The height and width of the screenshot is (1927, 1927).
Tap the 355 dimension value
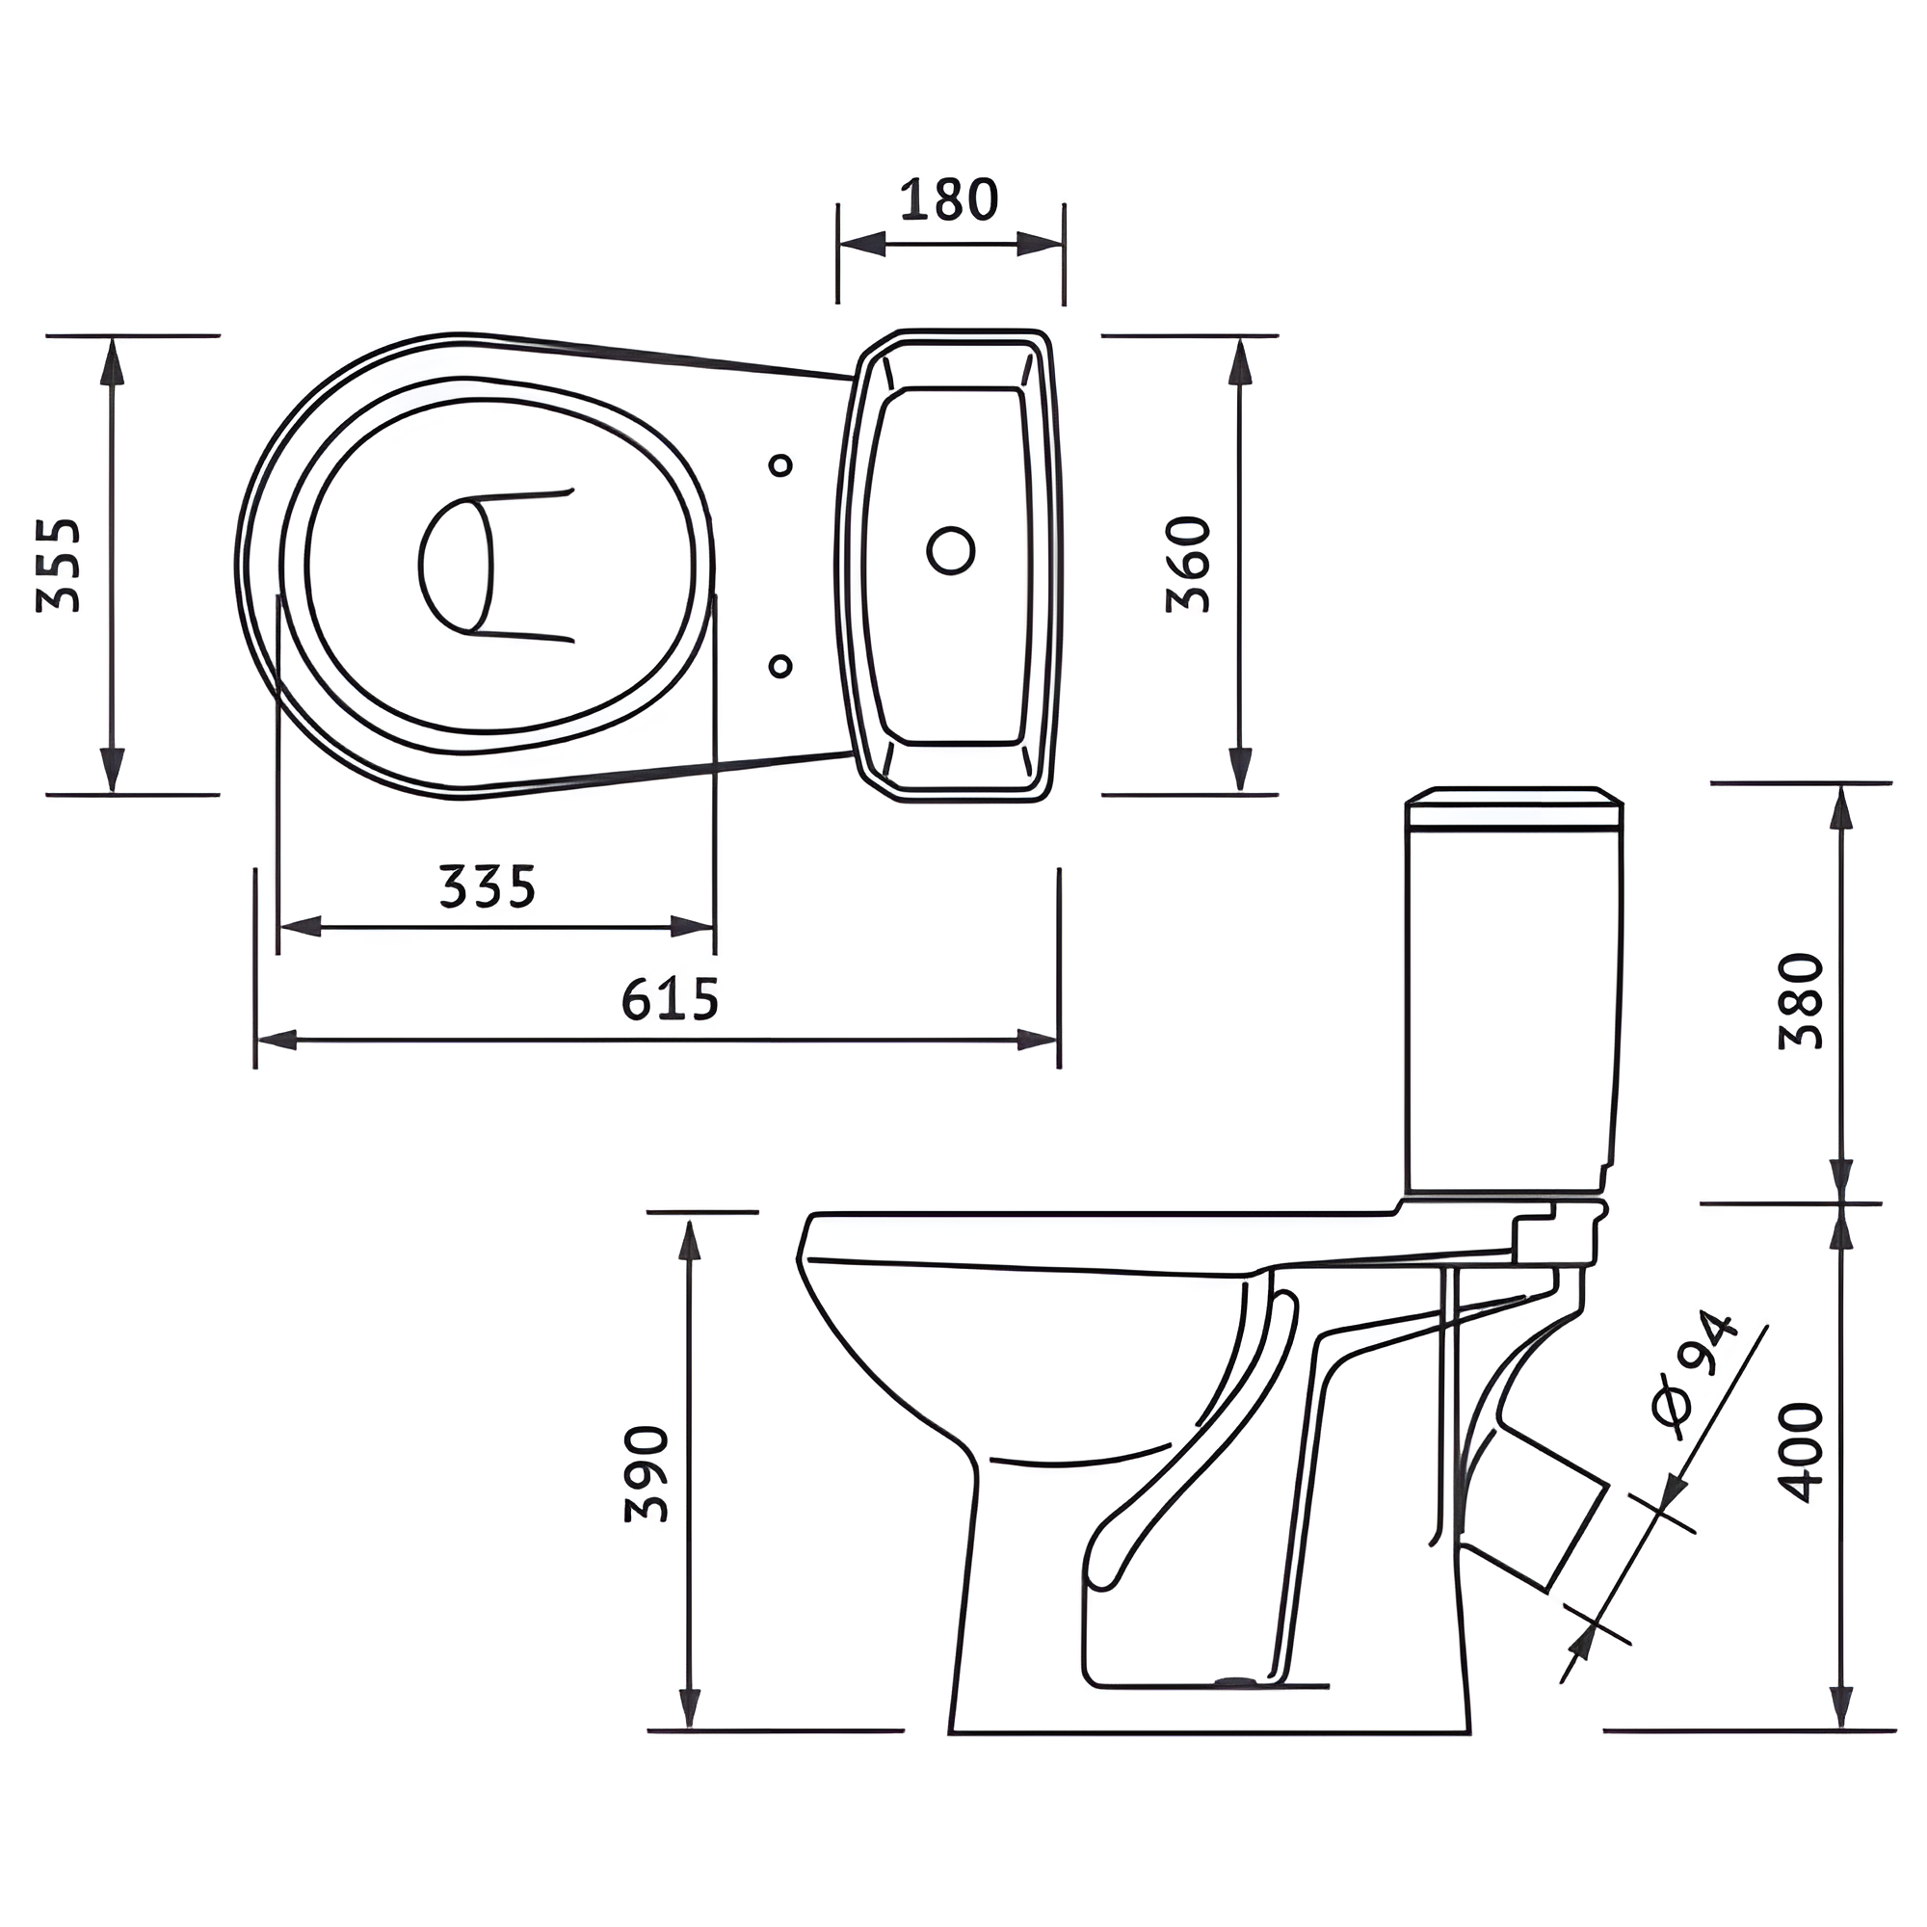(58, 565)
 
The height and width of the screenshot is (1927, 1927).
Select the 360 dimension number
(1189, 565)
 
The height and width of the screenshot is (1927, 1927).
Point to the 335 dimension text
(488, 885)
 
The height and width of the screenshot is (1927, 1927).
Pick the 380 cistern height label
(1802, 1001)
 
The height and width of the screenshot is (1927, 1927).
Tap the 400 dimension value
(1802, 1452)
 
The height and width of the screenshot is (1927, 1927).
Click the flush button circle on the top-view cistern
(951, 549)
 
